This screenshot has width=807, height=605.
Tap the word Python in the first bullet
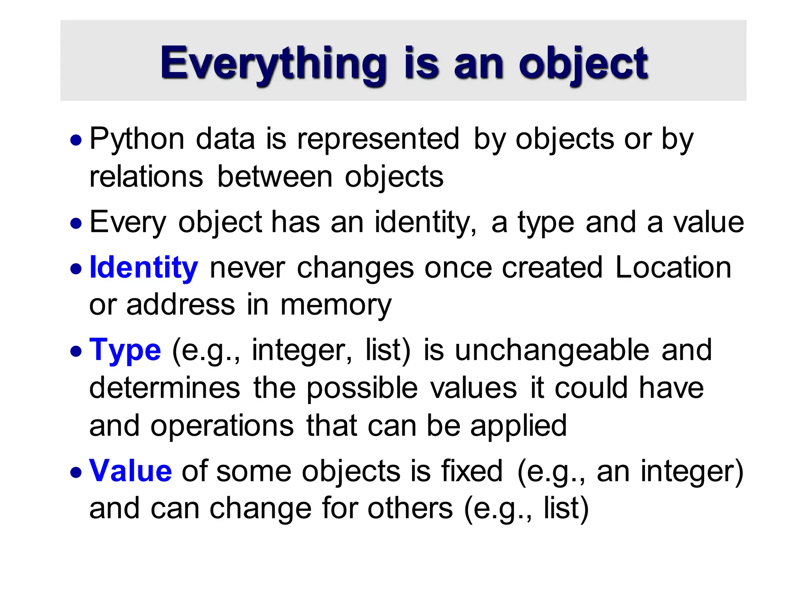[x=137, y=139]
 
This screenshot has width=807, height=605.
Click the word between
[x=275, y=177]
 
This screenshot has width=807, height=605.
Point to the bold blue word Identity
[x=143, y=268]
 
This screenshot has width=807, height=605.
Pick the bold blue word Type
[x=125, y=350]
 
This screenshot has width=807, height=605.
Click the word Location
[x=673, y=267]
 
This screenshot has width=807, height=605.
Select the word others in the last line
[x=410, y=508]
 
